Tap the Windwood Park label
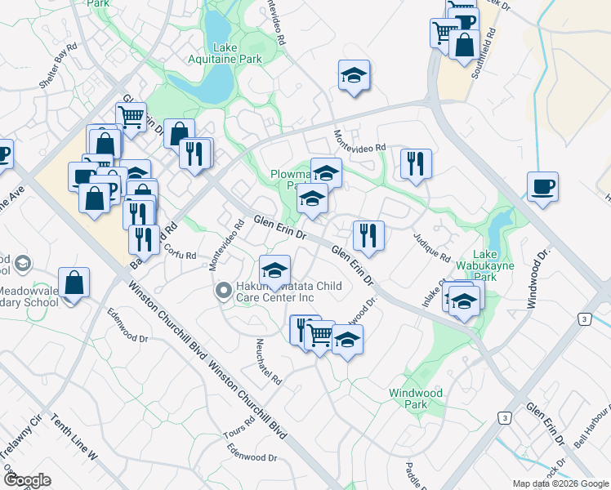[416, 399]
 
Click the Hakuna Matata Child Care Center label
[274, 292]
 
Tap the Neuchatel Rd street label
[269, 361]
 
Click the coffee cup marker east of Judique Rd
[542, 186]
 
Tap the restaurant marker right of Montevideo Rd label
[416, 163]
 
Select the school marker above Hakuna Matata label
[275, 269]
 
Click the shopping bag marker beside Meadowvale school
[74, 283]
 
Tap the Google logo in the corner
[27, 481]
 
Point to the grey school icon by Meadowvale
[22, 263]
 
